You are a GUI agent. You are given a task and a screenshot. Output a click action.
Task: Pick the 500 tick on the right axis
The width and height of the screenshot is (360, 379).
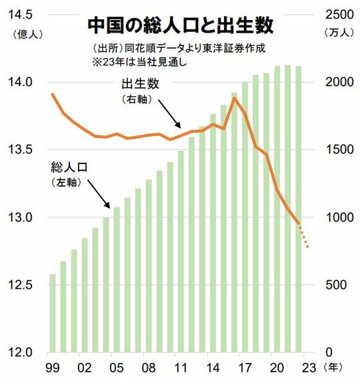pyautogui.click(x=337, y=285)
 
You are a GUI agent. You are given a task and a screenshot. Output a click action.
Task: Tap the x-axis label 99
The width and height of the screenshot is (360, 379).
pyautogui.click(x=53, y=368)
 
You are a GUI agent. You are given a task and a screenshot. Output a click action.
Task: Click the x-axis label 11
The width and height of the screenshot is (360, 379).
pyautogui.click(x=181, y=368)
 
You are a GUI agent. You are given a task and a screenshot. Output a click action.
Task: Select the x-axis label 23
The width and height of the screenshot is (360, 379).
pyautogui.click(x=308, y=368)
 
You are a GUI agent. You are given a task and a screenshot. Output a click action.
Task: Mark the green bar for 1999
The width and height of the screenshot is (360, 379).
pyautogui.click(x=53, y=313)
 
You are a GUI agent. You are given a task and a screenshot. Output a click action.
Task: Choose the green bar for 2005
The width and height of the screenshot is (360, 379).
pyautogui.click(x=117, y=280)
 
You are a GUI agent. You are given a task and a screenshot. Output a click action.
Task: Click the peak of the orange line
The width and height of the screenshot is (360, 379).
pyautogui.click(x=234, y=98)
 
